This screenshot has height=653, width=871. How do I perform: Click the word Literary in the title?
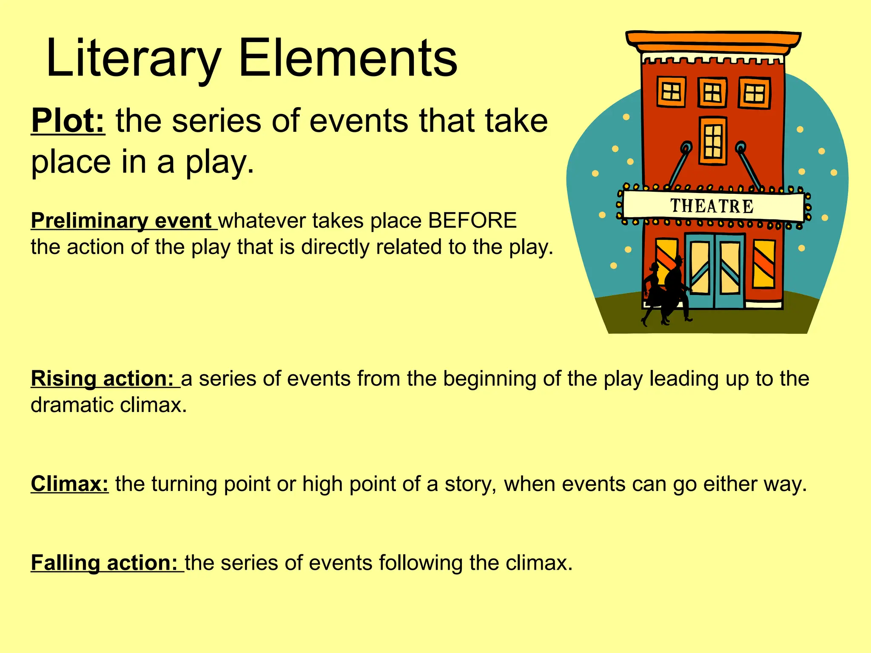click(133, 58)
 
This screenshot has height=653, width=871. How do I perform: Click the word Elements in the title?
click(347, 58)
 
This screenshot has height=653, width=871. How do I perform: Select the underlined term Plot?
click(68, 121)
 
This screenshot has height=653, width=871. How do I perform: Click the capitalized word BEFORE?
click(472, 221)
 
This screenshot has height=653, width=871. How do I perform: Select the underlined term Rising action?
click(102, 378)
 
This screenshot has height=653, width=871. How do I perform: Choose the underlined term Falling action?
click(105, 563)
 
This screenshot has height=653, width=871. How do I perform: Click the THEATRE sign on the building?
click(712, 206)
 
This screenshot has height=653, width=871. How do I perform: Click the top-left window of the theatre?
click(672, 91)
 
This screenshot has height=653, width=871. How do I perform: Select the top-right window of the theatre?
click(754, 93)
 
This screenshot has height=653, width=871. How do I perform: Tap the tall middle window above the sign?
click(713, 141)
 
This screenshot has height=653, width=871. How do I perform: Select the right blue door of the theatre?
click(730, 270)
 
